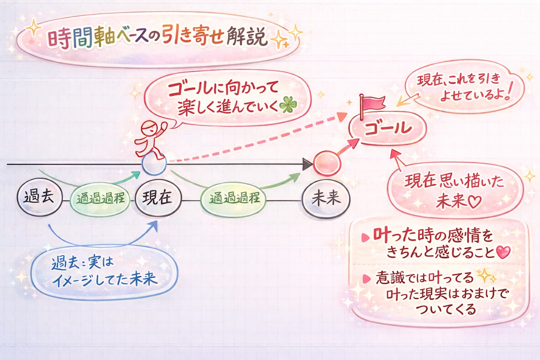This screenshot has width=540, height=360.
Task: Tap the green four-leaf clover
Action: [288, 105]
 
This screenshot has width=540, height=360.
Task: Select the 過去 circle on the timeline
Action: [40, 197]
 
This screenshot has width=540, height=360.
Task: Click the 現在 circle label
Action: [158, 198]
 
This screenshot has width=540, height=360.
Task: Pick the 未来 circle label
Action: [326, 199]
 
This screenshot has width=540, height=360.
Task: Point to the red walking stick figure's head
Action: [149, 128]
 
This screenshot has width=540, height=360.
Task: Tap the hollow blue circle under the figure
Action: [154, 164]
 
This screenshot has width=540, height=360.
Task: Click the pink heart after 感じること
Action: [503, 252]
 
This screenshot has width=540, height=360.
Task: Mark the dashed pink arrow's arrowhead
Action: [342, 117]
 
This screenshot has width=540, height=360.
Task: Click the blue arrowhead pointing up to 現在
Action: [154, 227]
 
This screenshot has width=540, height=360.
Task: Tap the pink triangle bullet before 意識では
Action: [366, 279]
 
